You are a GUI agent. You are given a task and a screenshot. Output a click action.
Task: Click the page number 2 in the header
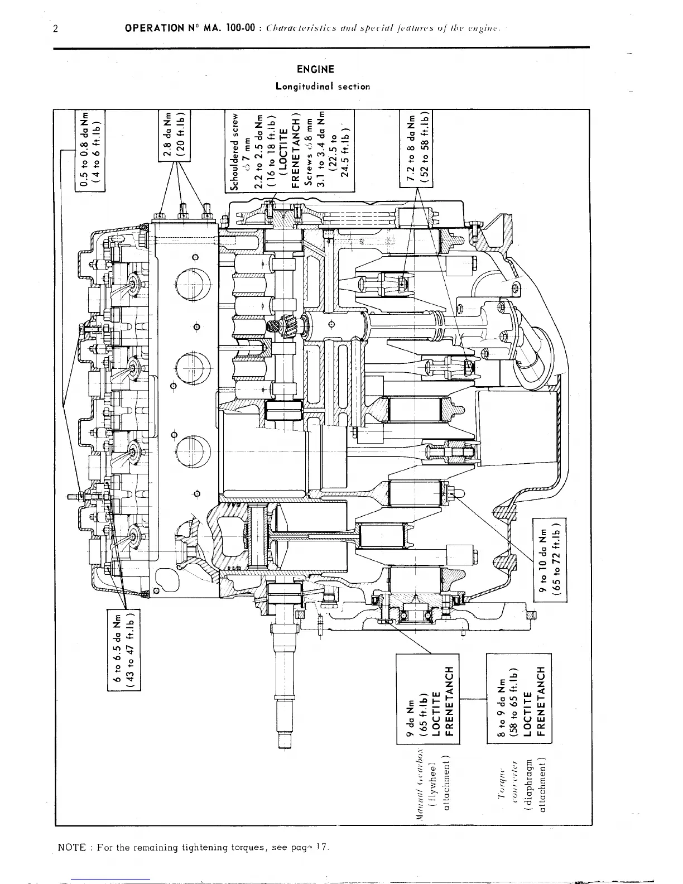(56, 28)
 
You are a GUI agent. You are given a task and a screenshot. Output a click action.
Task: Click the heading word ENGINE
(315, 70)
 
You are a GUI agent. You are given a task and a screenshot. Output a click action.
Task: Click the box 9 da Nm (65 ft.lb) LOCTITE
(427, 698)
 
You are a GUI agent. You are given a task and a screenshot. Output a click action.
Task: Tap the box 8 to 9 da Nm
(519, 698)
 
